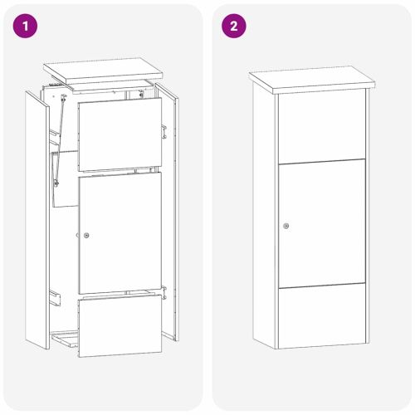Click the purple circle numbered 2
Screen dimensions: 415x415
(233, 26)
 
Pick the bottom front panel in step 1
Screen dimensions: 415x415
(120, 326)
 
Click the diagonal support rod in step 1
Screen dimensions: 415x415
(58, 141)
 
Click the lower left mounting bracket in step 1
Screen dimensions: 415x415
(55, 295)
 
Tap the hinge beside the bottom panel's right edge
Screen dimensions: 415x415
(165, 292)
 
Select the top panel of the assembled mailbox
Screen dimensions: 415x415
(321, 124)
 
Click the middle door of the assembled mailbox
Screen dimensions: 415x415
(321, 223)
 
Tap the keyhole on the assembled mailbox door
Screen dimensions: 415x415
(286, 226)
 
